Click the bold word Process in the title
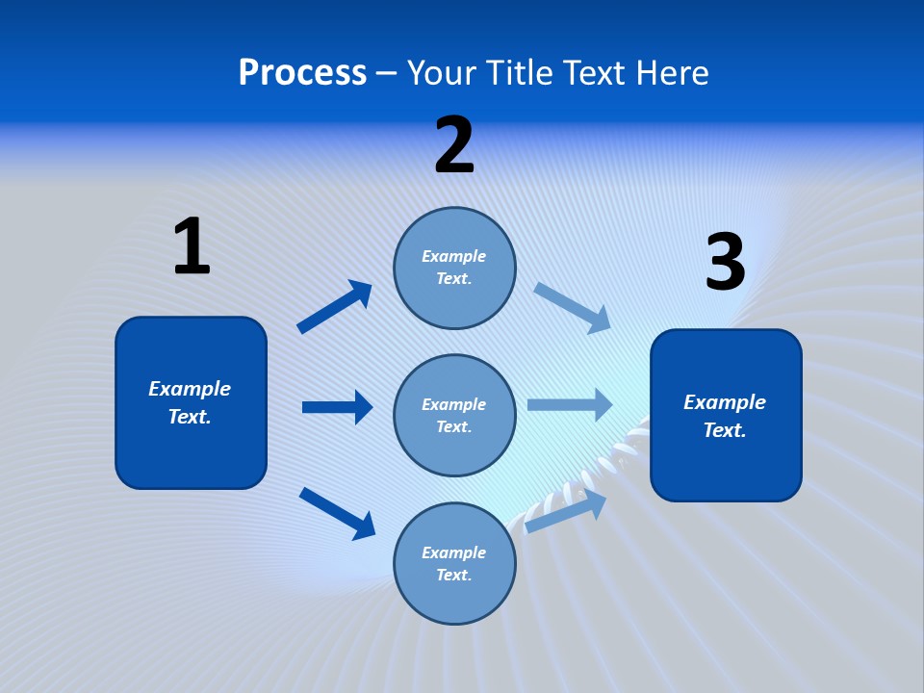pyautogui.click(x=302, y=73)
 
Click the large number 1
pyautogui.click(x=192, y=246)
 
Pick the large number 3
pyautogui.click(x=725, y=263)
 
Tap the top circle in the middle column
pyautogui.click(x=454, y=268)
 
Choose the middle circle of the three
pyautogui.click(x=454, y=415)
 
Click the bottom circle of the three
pyautogui.click(x=454, y=563)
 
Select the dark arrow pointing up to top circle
pyautogui.click(x=335, y=307)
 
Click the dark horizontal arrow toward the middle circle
pyautogui.click(x=337, y=407)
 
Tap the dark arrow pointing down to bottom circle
pyautogui.click(x=337, y=512)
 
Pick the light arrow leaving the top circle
pyautogui.click(x=573, y=307)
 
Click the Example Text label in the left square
pyautogui.click(x=190, y=402)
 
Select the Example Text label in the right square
pyautogui.click(x=725, y=416)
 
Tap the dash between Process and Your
pyautogui.click(x=387, y=74)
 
